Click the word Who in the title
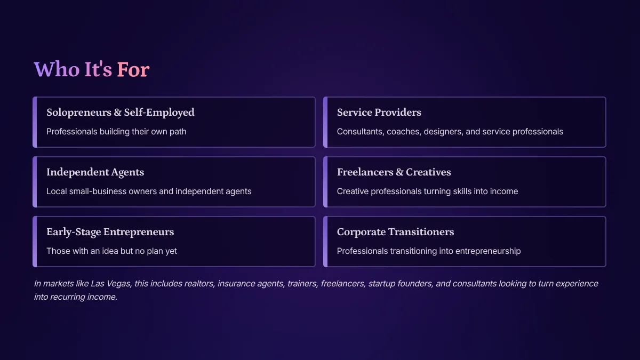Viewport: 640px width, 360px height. (x=57, y=69)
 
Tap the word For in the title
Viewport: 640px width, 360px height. (x=133, y=69)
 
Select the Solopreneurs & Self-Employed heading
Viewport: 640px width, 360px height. (x=121, y=113)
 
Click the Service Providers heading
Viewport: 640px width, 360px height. (x=379, y=113)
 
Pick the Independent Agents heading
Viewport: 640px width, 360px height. (x=95, y=172)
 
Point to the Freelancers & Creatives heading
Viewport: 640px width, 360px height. (x=394, y=172)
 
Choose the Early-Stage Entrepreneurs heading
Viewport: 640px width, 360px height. (x=110, y=232)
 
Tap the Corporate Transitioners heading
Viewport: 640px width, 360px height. (x=395, y=231)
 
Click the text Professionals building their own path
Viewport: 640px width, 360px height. (x=116, y=132)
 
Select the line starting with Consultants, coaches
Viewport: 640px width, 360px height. (x=450, y=132)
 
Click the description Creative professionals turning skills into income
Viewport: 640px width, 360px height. (x=427, y=191)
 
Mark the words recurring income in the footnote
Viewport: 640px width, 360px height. (x=83, y=297)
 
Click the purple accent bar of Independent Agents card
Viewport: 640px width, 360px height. (x=35, y=182)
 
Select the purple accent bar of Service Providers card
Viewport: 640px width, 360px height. (x=325, y=122)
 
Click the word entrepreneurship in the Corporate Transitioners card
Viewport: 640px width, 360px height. (x=488, y=251)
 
